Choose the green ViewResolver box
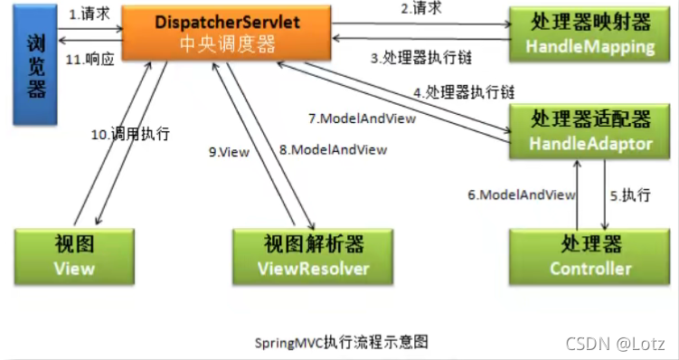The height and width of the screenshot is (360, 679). click(313, 256)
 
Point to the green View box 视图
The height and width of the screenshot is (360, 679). click(74, 256)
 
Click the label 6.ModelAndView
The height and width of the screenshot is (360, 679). click(521, 194)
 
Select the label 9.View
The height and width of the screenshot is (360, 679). click(229, 152)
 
